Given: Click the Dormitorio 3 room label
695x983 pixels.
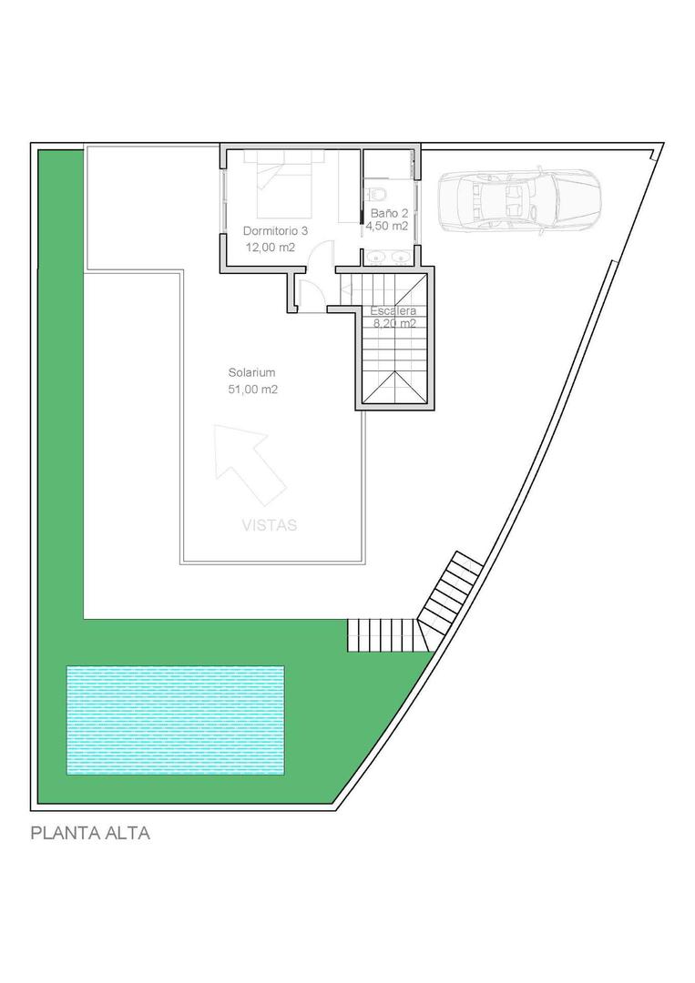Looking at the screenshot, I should [x=275, y=231].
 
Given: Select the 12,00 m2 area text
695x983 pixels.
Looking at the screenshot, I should [x=270, y=247].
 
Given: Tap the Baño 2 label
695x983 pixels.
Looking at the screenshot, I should [x=388, y=214].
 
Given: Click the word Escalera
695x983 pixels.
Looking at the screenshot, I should [x=393, y=310].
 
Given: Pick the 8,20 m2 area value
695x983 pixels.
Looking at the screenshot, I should [x=393, y=323].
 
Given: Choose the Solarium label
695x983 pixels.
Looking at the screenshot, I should [x=251, y=372].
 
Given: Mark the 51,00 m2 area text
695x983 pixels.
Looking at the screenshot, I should [x=252, y=389].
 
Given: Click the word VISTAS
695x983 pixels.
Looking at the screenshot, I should [x=270, y=525].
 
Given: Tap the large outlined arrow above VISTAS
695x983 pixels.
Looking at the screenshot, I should [x=247, y=463].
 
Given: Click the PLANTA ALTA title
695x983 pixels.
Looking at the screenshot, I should [x=90, y=833].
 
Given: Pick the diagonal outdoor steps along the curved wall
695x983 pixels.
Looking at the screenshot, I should [x=451, y=595].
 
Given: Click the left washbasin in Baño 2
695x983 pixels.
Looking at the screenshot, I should [x=377, y=258].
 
